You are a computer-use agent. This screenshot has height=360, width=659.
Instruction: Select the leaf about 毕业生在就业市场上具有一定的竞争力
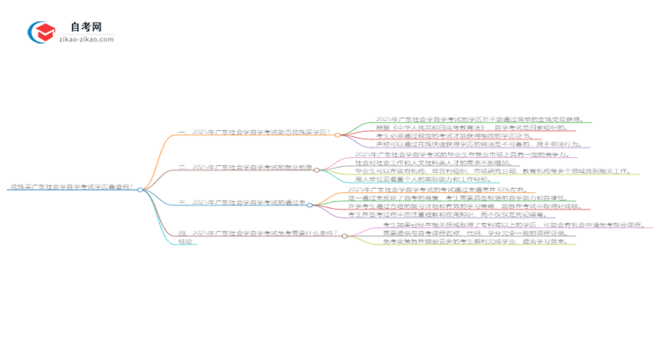pyautogui.click(x=431, y=155)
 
